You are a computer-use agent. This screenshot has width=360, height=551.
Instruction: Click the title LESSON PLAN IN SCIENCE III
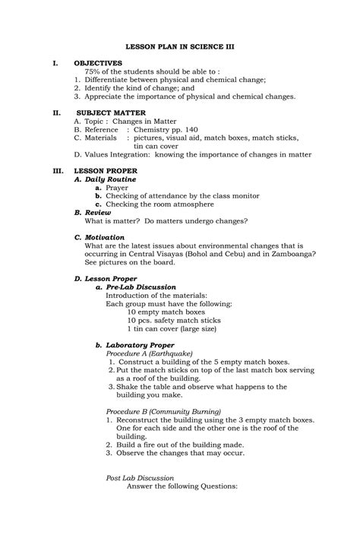(x=179, y=46)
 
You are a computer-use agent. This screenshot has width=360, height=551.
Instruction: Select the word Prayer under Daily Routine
(x=117, y=188)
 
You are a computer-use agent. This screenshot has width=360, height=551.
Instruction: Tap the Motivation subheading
(x=100, y=238)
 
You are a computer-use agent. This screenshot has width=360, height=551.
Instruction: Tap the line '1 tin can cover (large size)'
(x=172, y=329)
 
